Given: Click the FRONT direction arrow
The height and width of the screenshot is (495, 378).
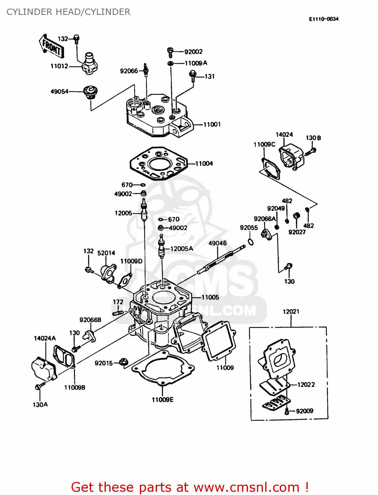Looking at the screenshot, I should point(51,47).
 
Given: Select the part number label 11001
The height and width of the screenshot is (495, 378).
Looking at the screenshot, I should point(212,124).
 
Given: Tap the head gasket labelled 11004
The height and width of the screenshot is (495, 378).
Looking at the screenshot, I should point(159,164).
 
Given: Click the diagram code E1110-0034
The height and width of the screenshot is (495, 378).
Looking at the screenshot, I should point(324,19).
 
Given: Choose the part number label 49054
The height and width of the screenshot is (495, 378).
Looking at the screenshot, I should point(59,91).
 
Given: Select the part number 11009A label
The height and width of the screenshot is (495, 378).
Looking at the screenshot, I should point(196,63).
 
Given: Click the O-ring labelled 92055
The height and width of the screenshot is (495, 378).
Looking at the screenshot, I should point(251,242).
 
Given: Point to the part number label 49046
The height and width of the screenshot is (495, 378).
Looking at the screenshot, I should point(217,243).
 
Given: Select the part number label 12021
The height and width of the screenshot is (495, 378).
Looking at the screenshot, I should point(291,311).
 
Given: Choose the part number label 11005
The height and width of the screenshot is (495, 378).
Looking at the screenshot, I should point(210,297).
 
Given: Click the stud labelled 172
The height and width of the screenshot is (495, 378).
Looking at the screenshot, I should point(118,312).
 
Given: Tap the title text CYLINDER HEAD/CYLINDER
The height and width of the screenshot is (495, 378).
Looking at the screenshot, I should point(68,12).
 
